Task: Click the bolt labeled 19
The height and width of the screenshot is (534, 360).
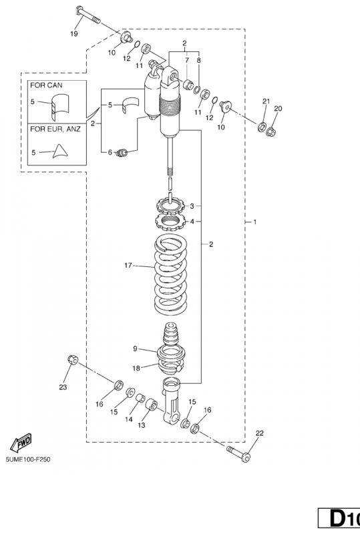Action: [x=87, y=15]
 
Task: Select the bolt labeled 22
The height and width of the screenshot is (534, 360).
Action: [x=238, y=453]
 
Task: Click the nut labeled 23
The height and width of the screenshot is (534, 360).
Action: [x=72, y=359]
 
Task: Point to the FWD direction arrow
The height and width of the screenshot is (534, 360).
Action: [x=21, y=443]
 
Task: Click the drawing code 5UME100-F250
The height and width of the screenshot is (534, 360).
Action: [x=28, y=459]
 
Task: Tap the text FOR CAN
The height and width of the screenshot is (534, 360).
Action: [x=46, y=85]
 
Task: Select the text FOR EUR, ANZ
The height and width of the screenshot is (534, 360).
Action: [x=55, y=129]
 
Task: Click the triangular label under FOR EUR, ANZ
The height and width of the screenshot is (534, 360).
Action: [x=60, y=151]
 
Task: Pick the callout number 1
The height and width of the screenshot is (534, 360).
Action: [x=254, y=222]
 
